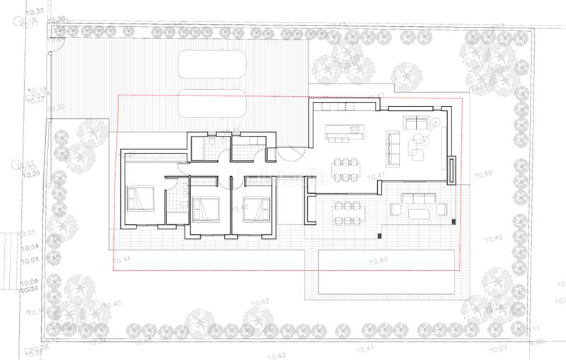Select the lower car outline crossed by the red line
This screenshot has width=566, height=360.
[212, 105]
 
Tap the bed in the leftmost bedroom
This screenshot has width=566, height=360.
[139, 198]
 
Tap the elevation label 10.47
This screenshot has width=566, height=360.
[376, 175]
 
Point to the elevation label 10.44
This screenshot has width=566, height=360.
[122, 260]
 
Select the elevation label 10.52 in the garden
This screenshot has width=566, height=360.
[262, 302]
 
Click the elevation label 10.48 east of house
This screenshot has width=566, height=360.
[483, 173]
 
